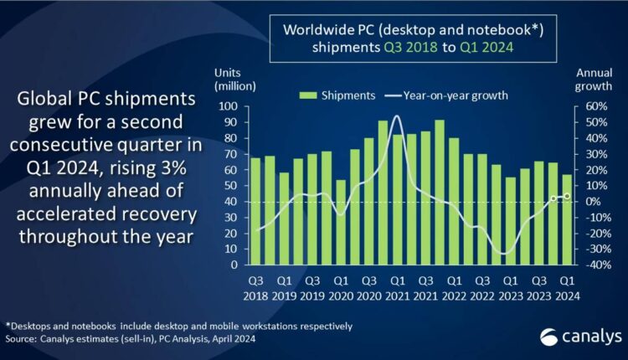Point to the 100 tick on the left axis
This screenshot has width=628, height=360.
(230, 106)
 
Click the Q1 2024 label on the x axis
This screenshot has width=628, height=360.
(567, 287)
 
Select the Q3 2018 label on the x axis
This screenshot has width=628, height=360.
(255, 287)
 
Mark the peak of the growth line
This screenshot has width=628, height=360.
(396, 116)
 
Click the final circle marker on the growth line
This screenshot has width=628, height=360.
(567, 196)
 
